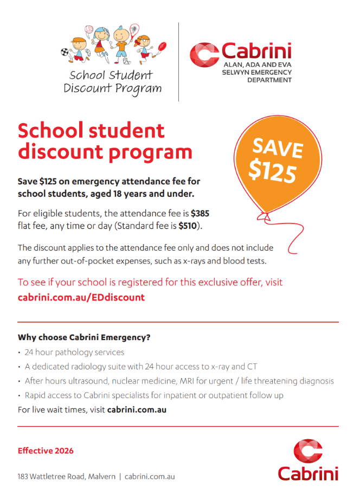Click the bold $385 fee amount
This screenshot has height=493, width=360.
[200, 214]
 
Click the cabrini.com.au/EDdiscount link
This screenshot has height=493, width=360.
[81, 297]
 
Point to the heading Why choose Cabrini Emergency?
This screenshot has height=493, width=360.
[84, 337]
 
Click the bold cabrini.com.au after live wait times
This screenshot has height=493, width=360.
[137, 409]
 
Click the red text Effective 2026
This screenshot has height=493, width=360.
[46, 451]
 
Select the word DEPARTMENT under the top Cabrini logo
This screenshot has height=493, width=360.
[269, 80]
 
